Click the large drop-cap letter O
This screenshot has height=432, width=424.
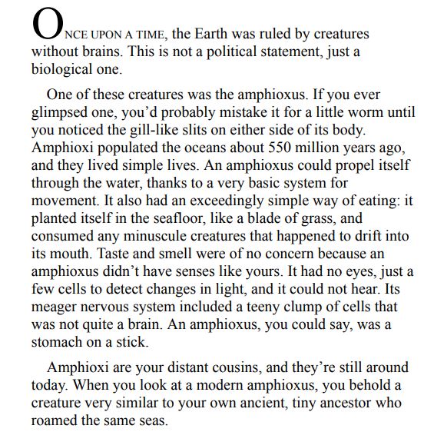44,27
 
